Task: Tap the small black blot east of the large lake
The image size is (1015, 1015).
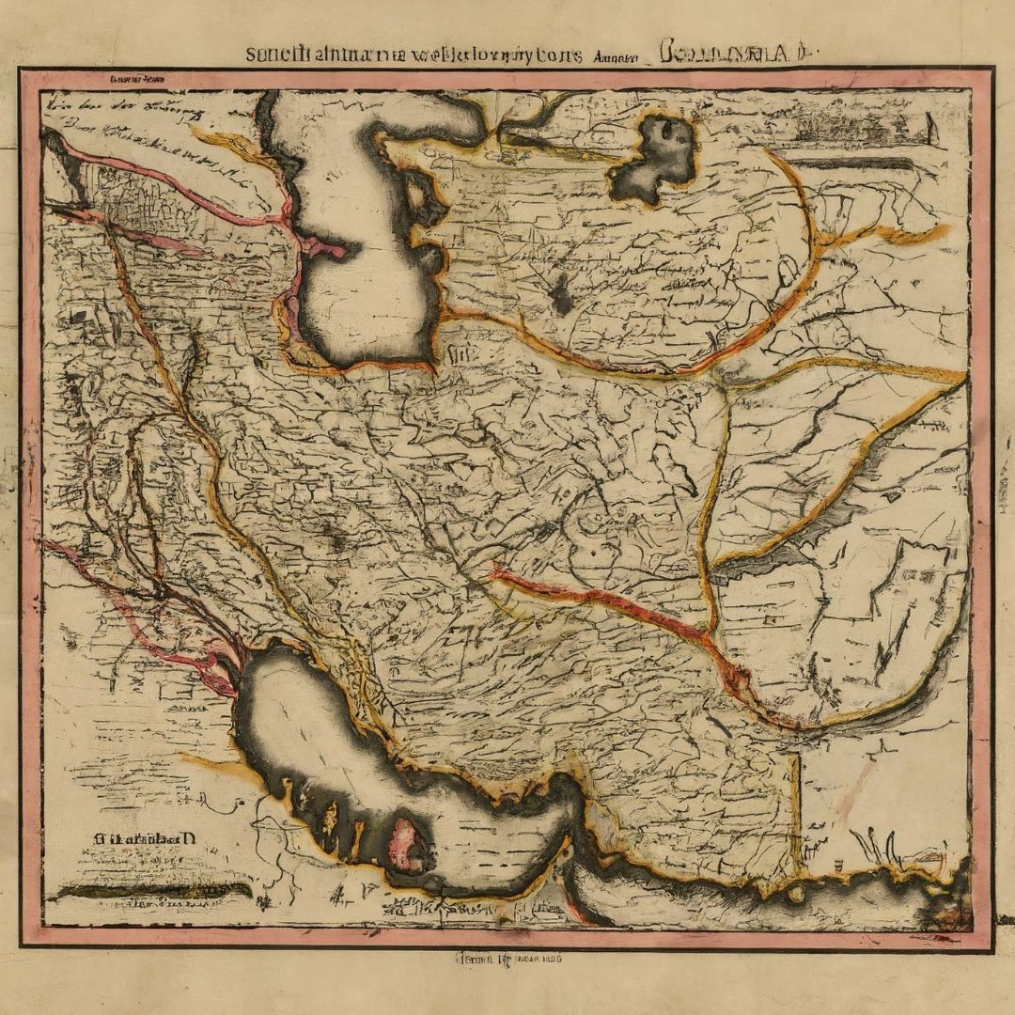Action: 562,297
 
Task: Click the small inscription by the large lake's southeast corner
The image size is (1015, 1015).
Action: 461,355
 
